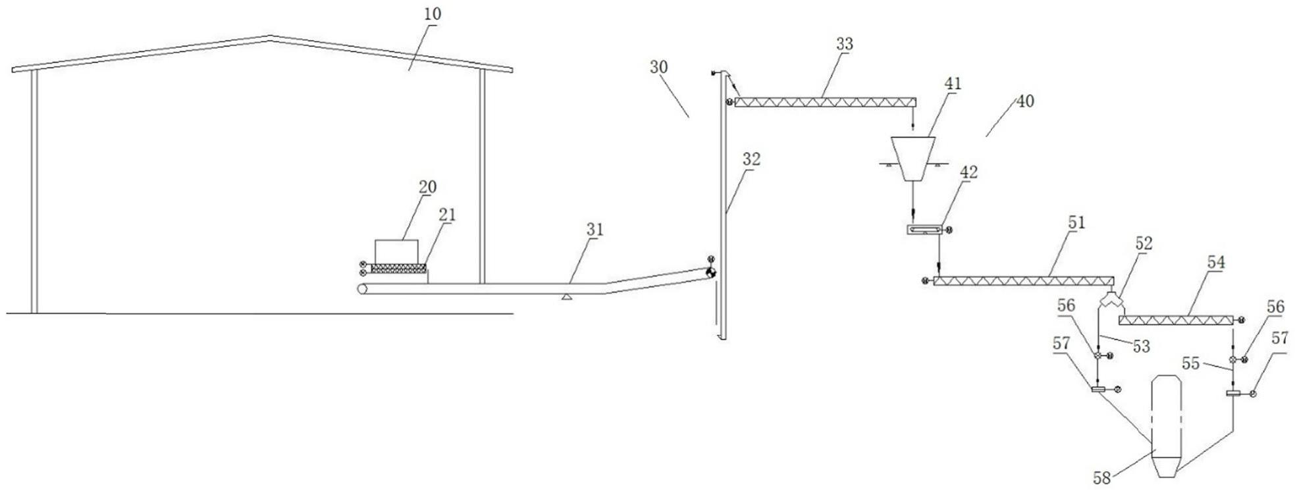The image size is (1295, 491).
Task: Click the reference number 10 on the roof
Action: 433,14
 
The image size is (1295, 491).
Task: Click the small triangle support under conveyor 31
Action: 566,297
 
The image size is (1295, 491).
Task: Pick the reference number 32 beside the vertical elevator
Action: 751,159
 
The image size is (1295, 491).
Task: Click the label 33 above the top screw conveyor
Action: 844,44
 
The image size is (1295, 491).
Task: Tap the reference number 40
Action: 1025,101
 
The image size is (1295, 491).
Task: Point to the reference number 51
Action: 1076,223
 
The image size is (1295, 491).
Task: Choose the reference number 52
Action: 1144,244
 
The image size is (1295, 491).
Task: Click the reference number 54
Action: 1216,262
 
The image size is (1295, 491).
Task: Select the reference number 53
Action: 1141,346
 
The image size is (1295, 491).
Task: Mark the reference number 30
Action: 658,66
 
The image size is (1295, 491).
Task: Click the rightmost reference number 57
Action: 1279,338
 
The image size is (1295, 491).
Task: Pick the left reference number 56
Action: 1066,305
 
